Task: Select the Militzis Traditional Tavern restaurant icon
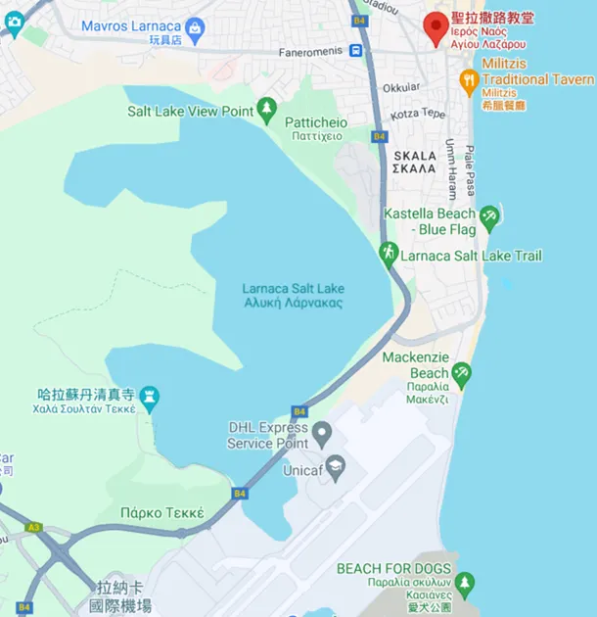click(470, 79)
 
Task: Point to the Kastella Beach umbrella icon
click(488, 214)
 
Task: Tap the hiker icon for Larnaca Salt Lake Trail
click(389, 254)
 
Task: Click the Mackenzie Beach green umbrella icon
click(461, 371)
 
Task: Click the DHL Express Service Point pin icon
click(322, 430)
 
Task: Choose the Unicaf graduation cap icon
click(335, 463)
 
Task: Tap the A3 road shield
click(34, 527)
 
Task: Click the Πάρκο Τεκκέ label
click(161, 512)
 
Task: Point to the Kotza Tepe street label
click(418, 114)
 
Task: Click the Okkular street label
click(400, 87)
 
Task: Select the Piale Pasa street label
click(470, 169)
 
